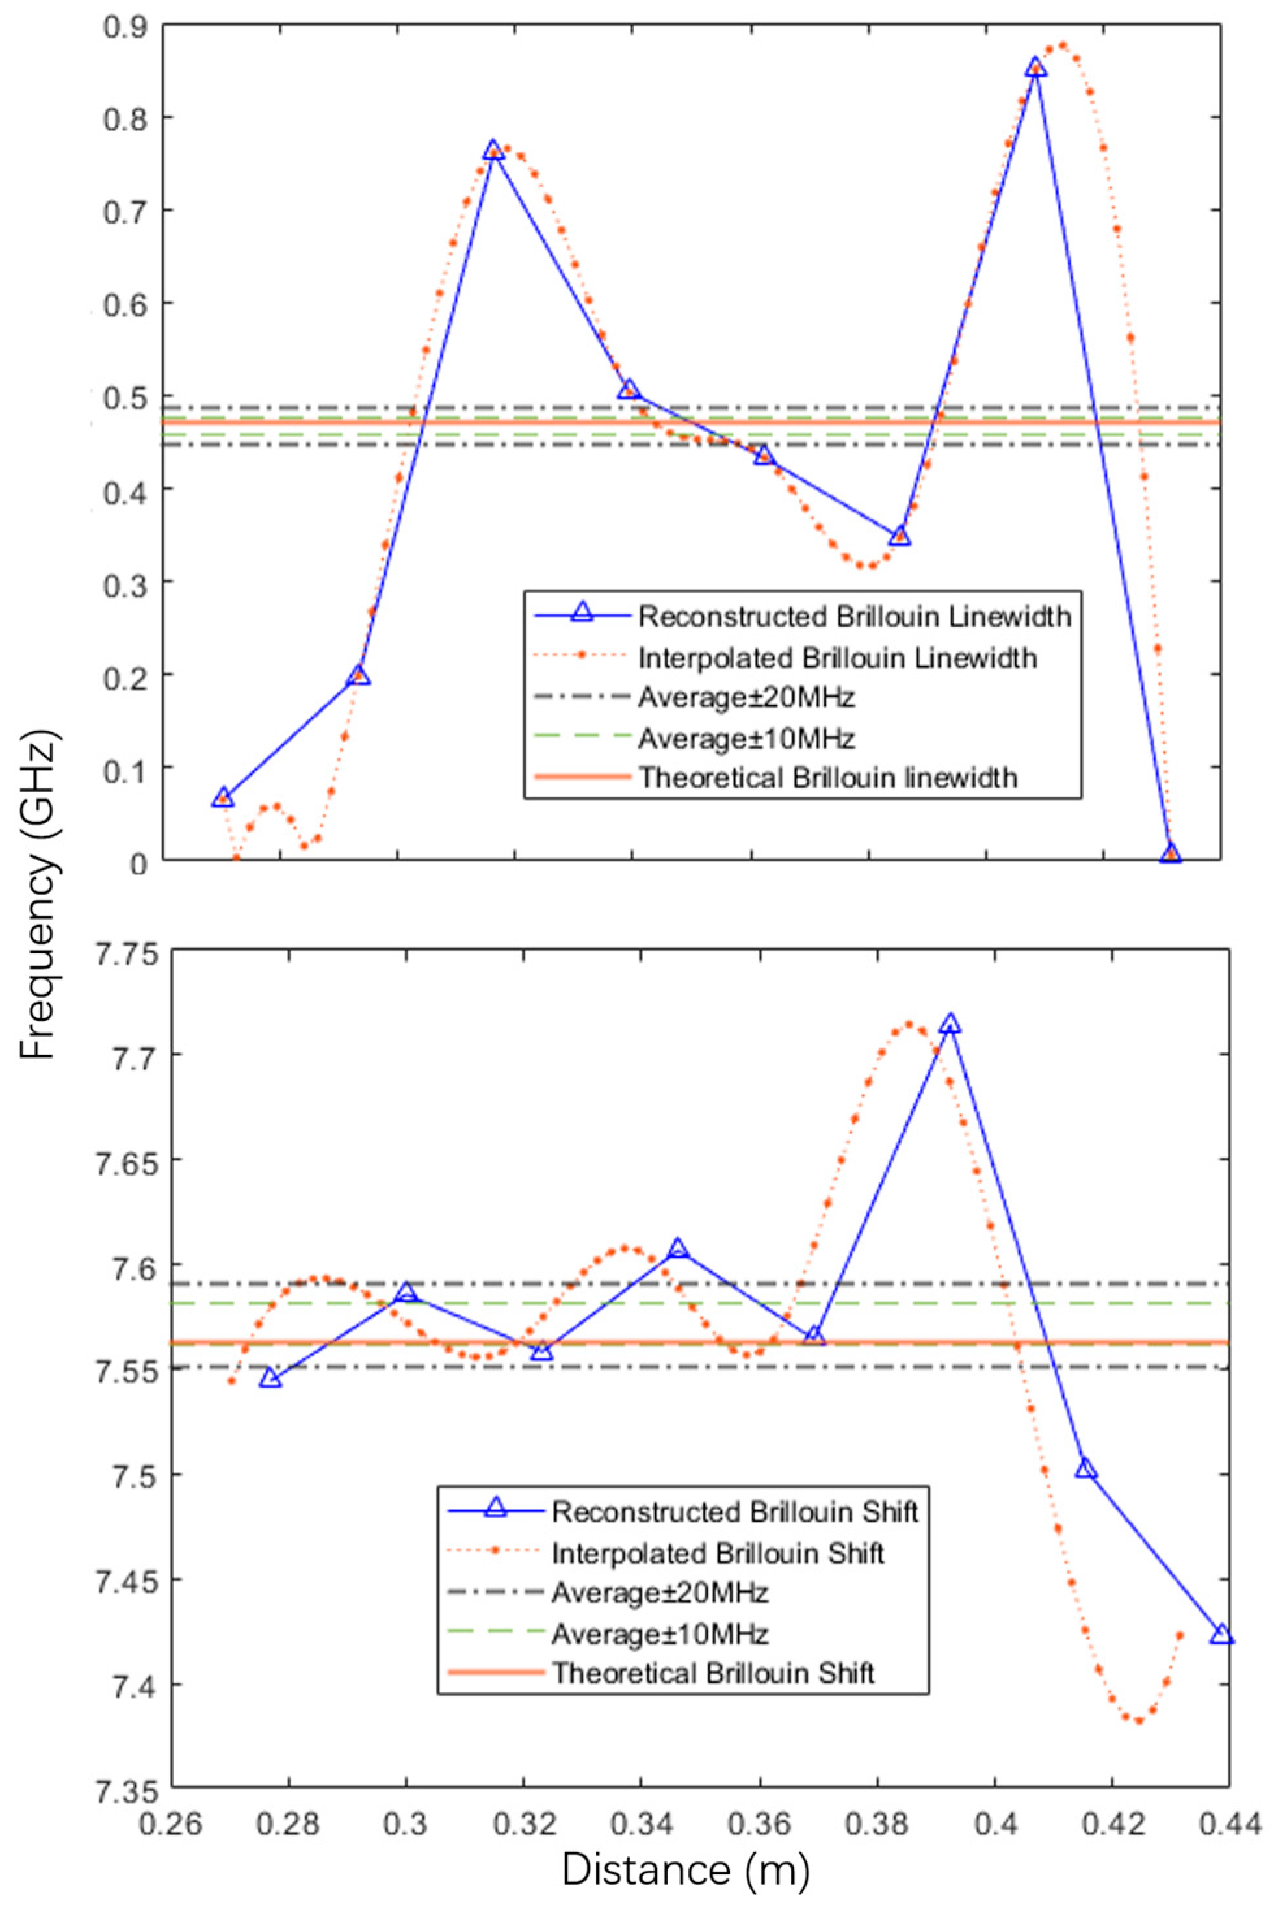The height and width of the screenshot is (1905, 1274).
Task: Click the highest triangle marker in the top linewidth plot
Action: click(1035, 68)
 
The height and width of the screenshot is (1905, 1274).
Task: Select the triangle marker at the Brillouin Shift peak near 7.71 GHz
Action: click(950, 1025)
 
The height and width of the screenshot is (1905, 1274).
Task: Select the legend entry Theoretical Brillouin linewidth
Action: click(827, 777)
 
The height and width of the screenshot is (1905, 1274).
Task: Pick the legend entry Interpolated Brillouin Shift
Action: click(718, 1553)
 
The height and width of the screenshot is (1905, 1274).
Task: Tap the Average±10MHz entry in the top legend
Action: click(746, 738)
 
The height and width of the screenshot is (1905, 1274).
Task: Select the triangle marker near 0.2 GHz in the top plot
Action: click(358, 676)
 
